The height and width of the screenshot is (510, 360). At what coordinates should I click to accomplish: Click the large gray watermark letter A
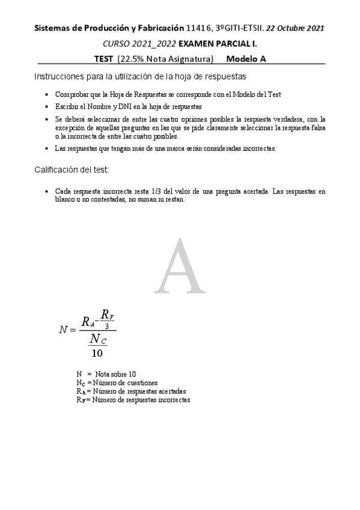tap(180, 266)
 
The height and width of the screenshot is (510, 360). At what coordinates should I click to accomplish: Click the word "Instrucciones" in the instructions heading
tap(58, 77)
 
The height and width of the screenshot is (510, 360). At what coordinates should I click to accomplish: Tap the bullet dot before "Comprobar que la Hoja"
tap(47, 95)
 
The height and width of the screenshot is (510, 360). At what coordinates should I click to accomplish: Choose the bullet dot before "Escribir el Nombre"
tap(47, 106)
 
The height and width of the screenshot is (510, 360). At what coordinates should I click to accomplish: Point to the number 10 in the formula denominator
tap(97, 353)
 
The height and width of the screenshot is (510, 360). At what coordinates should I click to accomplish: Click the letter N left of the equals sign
tap(64, 330)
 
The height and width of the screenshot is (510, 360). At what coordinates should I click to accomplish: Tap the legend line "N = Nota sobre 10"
tap(106, 373)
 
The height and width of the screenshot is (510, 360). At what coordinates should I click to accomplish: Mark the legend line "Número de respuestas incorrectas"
tap(133, 399)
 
